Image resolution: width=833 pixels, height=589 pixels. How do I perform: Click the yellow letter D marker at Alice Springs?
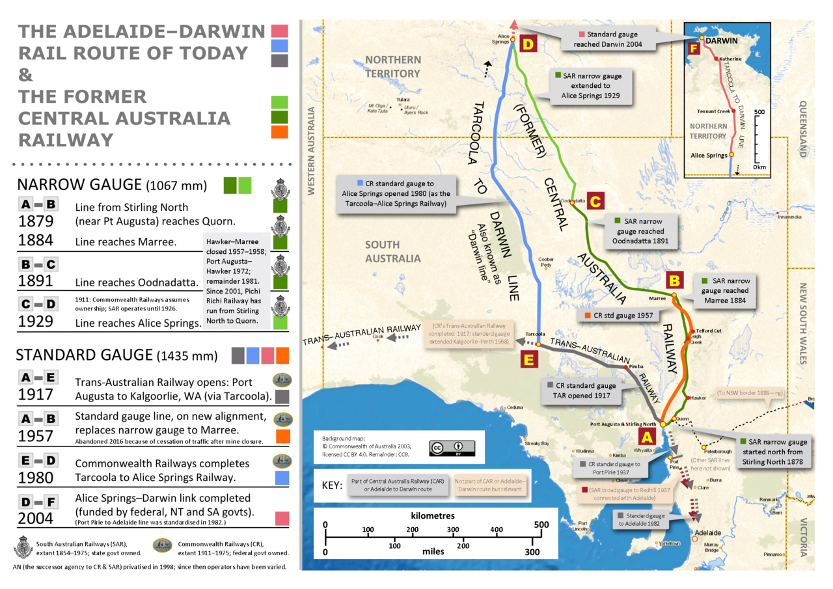pos(528,44)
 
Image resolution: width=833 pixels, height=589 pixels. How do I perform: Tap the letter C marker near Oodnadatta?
pos(595,201)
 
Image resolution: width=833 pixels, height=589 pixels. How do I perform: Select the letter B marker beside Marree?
pos(675,281)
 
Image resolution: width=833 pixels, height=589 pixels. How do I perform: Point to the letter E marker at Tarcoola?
pos(528,359)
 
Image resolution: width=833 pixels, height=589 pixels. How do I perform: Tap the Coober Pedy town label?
pos(546,261)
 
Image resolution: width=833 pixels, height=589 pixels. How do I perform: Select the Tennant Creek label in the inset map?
pos(712,111)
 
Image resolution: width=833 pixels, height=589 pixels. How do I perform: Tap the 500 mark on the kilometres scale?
pos(540,526)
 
